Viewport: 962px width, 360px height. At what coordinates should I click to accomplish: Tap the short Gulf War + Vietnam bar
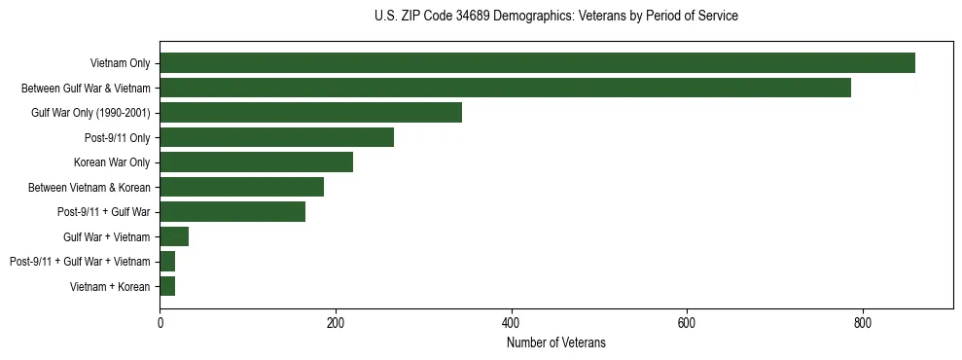click(174, 236)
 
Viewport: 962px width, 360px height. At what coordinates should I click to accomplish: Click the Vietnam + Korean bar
click(167, 286)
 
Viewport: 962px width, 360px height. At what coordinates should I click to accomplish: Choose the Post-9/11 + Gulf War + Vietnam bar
click(167, 261)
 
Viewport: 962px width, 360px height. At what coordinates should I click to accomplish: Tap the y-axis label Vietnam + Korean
click(110, 287)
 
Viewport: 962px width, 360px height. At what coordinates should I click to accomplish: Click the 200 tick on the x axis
click(336, 323)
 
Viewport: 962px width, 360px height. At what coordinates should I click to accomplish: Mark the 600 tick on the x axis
click(687, 323)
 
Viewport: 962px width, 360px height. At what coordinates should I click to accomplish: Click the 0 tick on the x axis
click(160, 323)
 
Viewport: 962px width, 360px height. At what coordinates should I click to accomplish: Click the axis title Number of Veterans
click(555, 342)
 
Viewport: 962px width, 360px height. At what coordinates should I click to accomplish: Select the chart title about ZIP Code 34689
click(555, 17)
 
